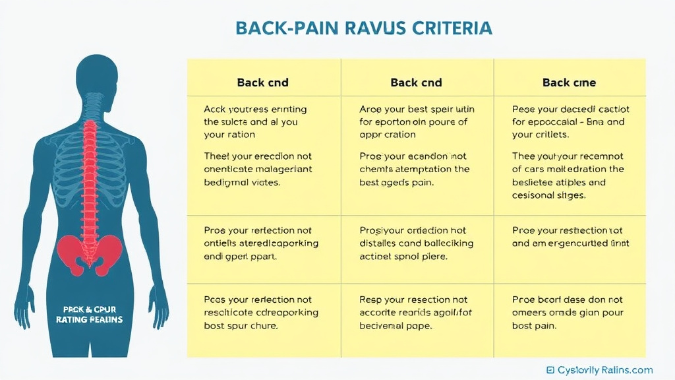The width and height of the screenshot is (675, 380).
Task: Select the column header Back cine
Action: (x=569, y=82)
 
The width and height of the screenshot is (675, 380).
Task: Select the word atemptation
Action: (x=418, y=170)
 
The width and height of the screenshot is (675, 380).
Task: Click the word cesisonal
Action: (x=535, y=195)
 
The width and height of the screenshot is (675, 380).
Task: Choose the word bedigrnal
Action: (x=227, y=182)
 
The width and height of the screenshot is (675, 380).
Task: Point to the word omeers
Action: (x=530, y=313)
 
